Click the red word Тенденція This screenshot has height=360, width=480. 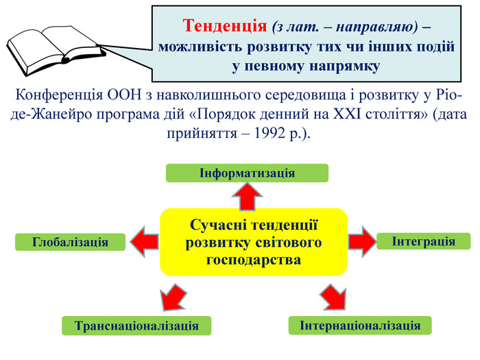[x=225, y=25]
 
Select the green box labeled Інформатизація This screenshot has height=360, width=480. [x=247, y=173]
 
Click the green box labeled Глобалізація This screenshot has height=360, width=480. [x=71, y=242]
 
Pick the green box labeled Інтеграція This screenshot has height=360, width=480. [x=423, y=241]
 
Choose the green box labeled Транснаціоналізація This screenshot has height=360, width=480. [x=136, y=326]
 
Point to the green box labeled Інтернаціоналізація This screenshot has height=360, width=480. [x=360, y=326]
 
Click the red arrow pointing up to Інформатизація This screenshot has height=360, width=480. [x=247, y=197]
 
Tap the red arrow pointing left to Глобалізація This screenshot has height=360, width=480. [x=145, y=242]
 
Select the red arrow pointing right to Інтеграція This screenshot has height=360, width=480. [x=362, y=241]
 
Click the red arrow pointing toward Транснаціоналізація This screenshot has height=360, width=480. [x=173, y=297]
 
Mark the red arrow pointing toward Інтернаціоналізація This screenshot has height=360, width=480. [x=333, y=297]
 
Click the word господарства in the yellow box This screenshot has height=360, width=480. [x=254, y=260]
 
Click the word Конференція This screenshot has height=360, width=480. [x=59, y=95]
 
